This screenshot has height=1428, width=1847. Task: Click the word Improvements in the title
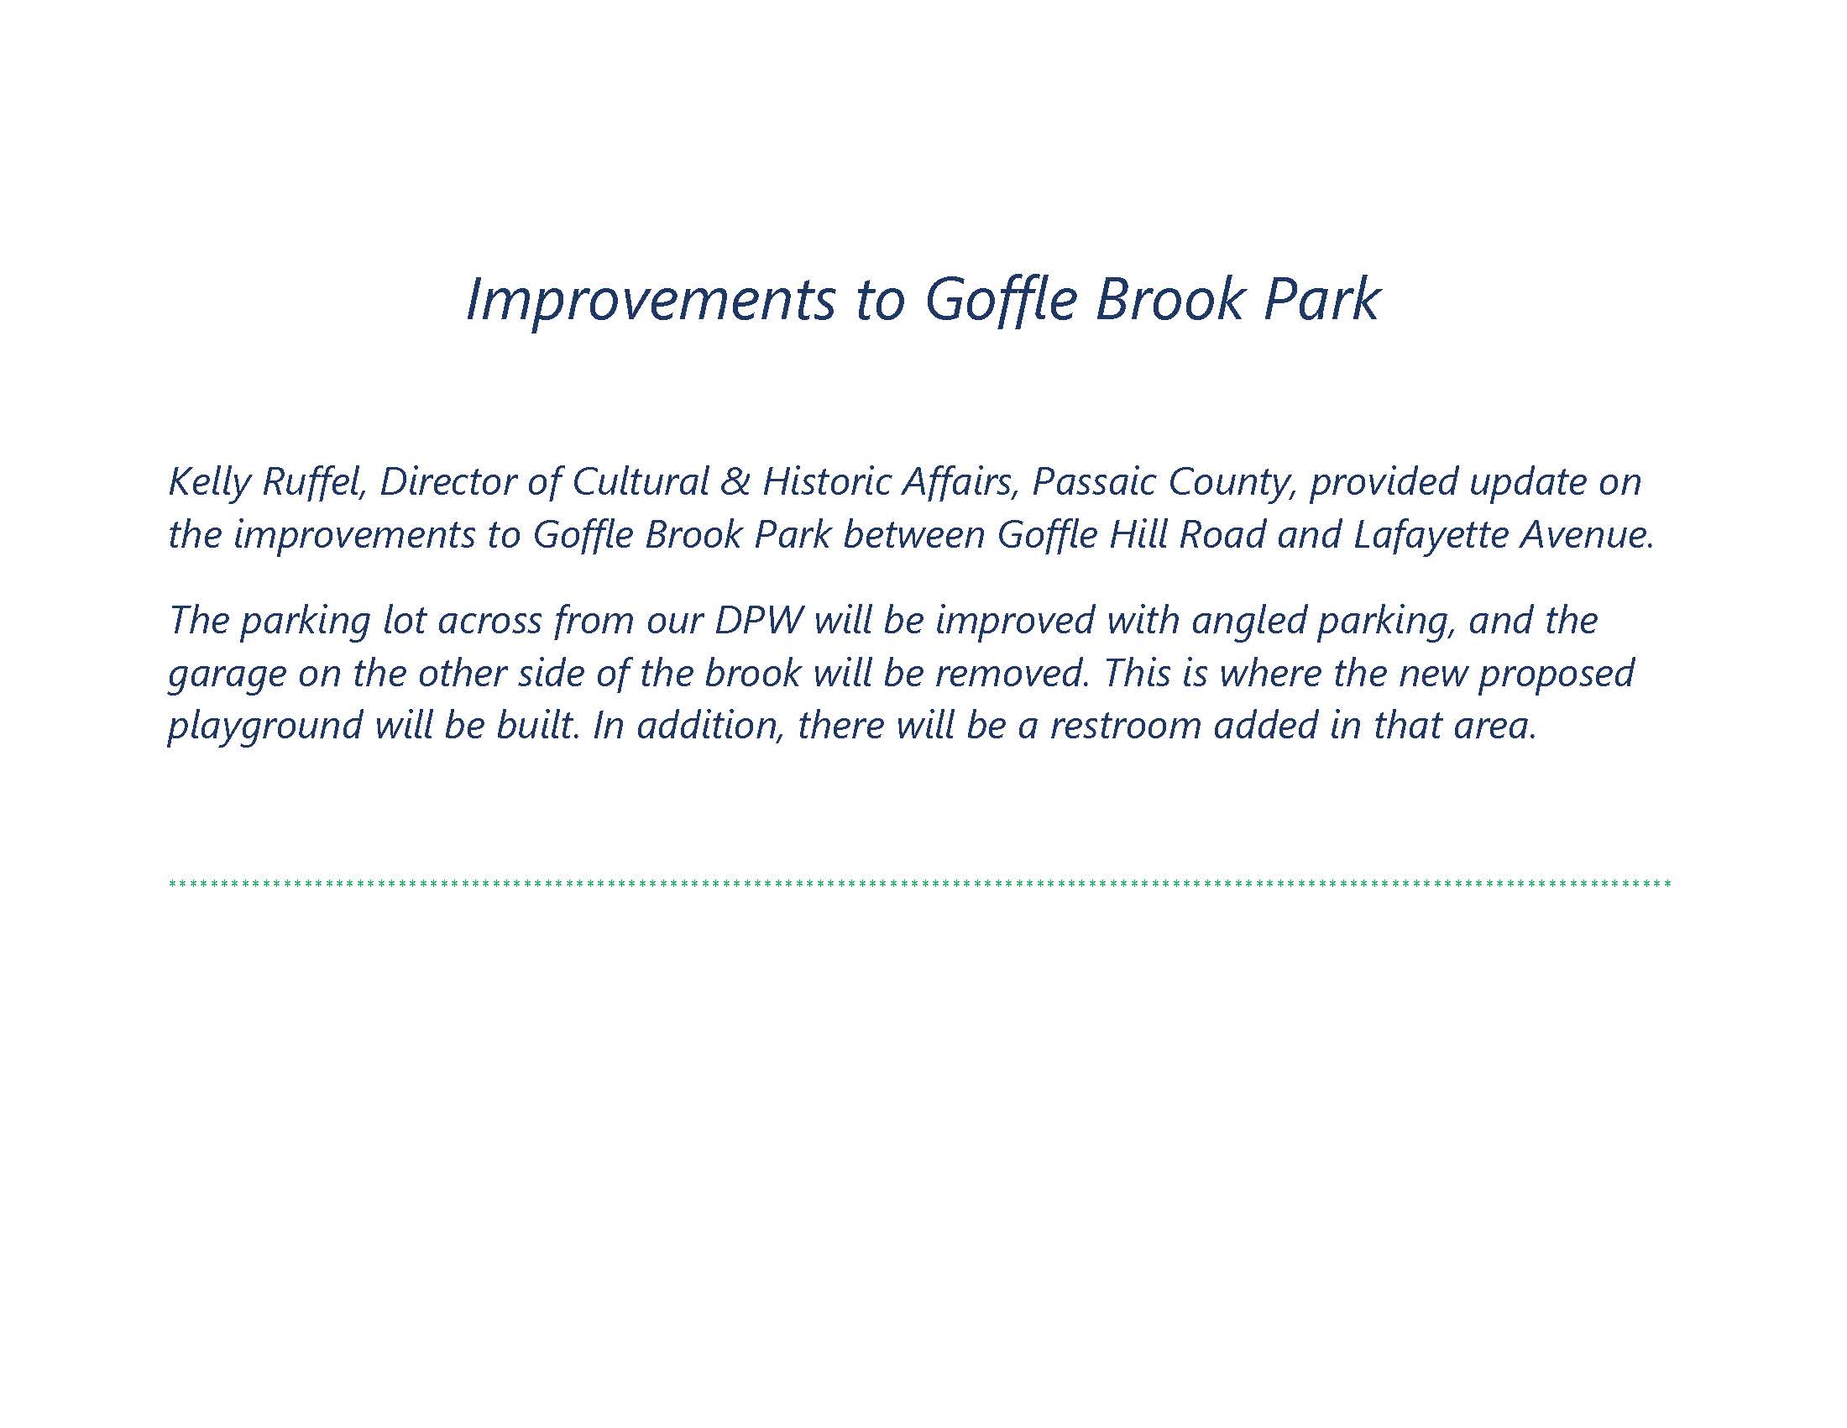[651, 301]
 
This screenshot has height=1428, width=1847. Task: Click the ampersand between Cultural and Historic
[735, 482]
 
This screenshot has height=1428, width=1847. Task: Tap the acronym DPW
[759, 620]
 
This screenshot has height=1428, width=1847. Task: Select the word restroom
[1126, 726]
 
